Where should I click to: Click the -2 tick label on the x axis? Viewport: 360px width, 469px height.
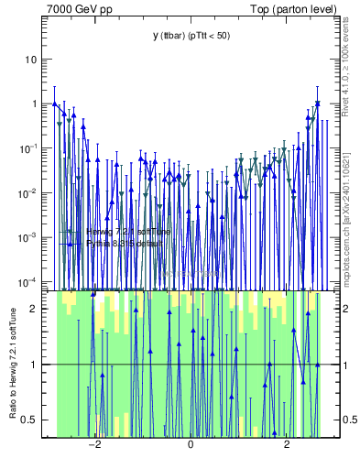tap(93, 445)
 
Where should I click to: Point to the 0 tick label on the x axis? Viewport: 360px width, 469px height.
tap(191, 445)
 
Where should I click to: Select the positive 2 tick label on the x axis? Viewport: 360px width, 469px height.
tap(288, 445)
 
